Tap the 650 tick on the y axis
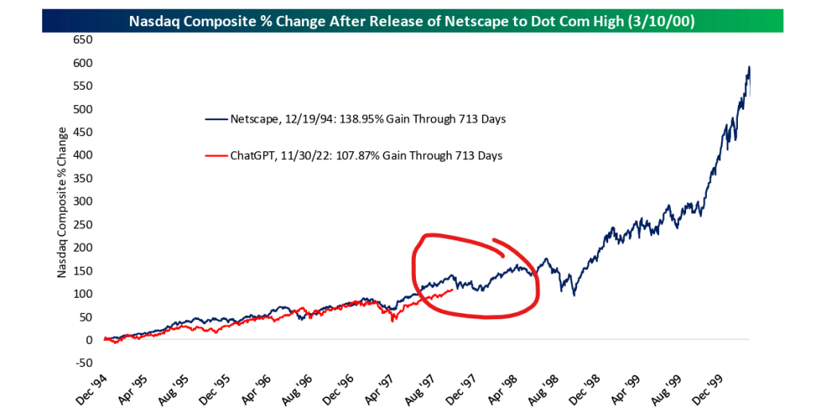coord(83,40)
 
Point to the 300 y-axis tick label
coord(83,201)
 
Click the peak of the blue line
coord(749,67)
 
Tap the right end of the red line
coord(453,290)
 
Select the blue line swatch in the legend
coord(215,119)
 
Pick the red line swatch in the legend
coord(215,156)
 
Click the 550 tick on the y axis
coord(83,86)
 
